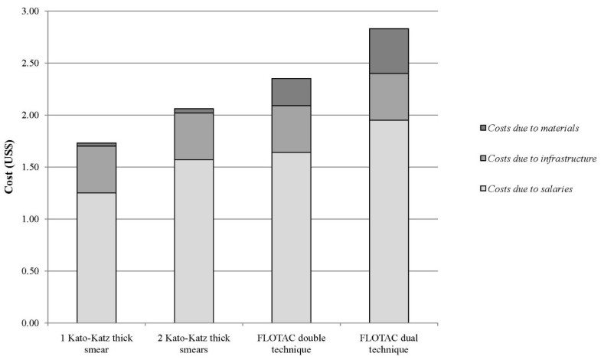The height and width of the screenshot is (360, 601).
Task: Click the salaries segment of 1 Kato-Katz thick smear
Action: pos(96,257)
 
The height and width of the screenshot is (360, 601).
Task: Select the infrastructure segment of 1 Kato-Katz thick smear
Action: pos(96,169)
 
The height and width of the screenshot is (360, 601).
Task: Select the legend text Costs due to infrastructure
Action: pos(537,159)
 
